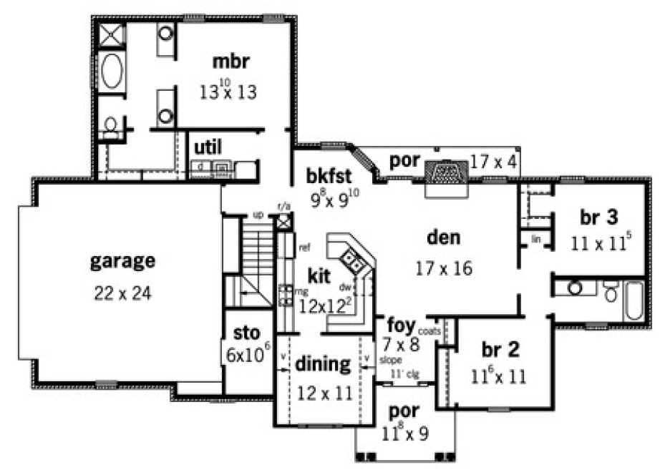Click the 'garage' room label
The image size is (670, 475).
click(122, 261)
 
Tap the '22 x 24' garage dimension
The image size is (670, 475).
click(122, 293)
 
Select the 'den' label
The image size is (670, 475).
click(443, 237)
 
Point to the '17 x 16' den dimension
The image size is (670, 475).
click(443, 268)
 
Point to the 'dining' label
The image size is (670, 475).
click(324, 364)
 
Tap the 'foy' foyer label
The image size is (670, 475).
click(401, 325)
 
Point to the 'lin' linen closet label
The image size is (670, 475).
click(535, 240)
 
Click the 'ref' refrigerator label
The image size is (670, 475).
click(304, 248)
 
